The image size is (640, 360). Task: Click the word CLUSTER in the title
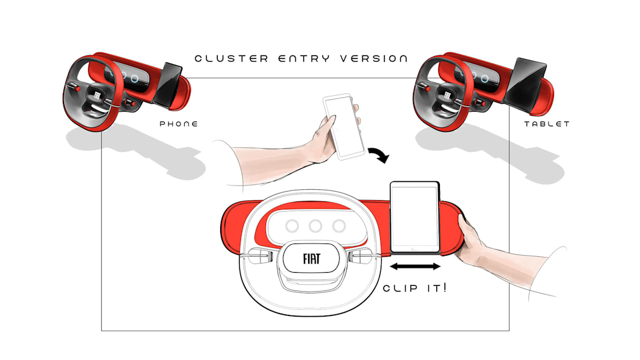pyautogui.click(x=231, y=59)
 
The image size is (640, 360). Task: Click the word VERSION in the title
pyautogui.click(x=374, y=59)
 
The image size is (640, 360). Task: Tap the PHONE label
pyautogui.click(x=179, y=124)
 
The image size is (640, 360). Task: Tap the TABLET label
pyautogui.click(x=547, y=124)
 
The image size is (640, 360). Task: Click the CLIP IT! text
pyautogui.click(x=415, y=288)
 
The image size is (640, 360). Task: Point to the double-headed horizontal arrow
pyautogui.click(x=415, y=267)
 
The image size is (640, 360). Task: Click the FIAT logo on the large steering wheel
pyautogui.click(x=311, y=259)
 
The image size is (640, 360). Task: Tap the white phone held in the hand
pyautogui.click(x=343, y=126)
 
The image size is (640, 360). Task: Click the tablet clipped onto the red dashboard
pyautogui.click(x=415, y=217)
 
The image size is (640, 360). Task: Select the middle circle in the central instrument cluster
pyautogui.click(x=315, y=226)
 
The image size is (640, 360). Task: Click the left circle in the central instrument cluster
pyautogui.click(x=292, y=226)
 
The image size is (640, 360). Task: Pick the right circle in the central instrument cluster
pyautogui.click(x=339, y=226)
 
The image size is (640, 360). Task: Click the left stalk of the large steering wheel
pyautogui.click(x=258, y=256)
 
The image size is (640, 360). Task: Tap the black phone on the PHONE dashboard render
pyautogui.click(x=168, y=84)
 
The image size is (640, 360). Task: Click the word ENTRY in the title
pyautogui.click(x=304, y=59)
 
